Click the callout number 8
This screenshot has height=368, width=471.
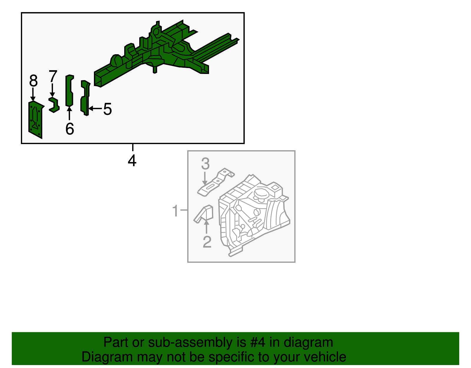tap(34, 81)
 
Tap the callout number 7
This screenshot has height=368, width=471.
tap(53, 77)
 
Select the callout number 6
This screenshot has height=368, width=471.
tap(70, 129)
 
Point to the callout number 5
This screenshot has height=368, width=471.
tap(107, 109)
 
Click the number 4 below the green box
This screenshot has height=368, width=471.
tap(132, 161)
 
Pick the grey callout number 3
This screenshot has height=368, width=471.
tap(205, 164)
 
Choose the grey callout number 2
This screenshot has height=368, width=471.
tap(207, 242)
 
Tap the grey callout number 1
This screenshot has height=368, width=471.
tap(175, 211)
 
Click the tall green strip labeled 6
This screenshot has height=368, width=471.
tap(69, 91)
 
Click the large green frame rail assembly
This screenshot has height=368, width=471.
tap(165, 53)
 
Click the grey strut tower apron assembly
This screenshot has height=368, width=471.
tap(253, 215)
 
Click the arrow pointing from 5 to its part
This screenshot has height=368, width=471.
tap(95, 109)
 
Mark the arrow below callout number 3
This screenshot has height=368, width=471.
tap(205, 179)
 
